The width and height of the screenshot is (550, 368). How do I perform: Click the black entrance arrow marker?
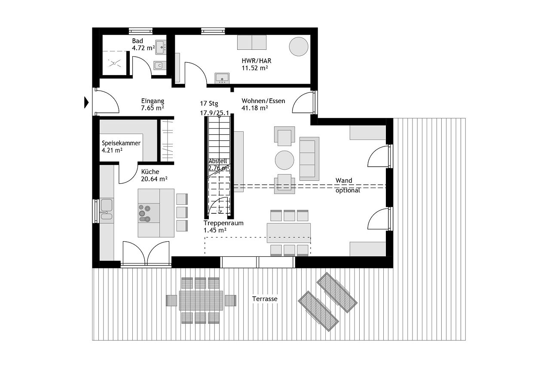tap(86, 103)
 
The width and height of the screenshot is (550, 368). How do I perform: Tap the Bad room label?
tap(137, 41)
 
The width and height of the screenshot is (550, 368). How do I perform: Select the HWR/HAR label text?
tap(257, 61)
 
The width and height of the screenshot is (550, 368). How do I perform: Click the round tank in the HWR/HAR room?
tap(298, 46)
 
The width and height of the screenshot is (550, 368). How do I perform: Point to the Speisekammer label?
tap(121, 143)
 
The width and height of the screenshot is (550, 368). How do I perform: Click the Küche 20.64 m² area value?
tap(154, 179)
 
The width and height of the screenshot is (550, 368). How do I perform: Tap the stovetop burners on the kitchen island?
tap(144, 213)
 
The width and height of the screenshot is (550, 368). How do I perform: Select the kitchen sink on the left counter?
tap(106, 209)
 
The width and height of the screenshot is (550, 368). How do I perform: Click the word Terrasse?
tap(265, 299)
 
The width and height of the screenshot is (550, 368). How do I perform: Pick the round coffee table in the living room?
tap(284, 160)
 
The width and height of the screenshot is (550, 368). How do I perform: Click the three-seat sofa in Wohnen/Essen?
tap(309, 159)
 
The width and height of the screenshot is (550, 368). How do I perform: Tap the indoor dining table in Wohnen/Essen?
tap(288, 233)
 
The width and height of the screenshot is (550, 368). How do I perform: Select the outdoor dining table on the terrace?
tap(201, 301)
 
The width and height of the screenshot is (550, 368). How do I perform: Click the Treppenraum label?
tap(223, 223)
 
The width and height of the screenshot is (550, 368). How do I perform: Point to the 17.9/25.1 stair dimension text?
tap(214, 113)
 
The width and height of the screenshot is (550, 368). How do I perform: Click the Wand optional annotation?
tap(348, 185)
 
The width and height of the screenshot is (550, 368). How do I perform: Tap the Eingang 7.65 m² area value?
tap(153, 108)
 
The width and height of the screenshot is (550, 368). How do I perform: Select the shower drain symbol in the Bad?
tap(114, 64)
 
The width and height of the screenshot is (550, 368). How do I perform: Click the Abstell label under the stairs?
tap(217, 161)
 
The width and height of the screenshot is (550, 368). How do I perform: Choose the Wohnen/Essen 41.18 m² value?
tap(255, 108)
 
